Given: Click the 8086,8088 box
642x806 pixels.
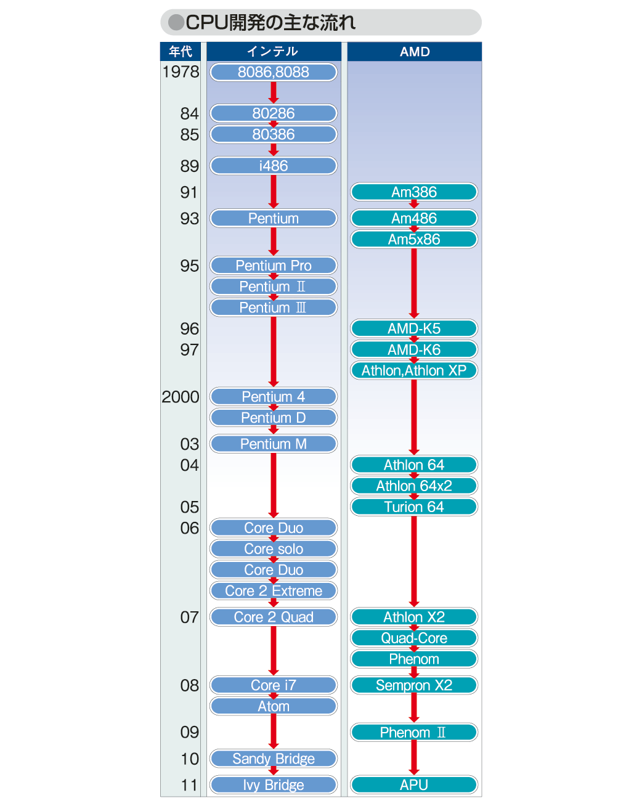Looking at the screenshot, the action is click(x=273, y=72).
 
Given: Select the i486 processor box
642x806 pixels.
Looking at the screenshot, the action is click(x=273, y=166).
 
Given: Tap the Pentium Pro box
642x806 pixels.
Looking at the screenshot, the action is click(x=273, y=266).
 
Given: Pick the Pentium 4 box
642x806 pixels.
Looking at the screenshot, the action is click(x=273, y=397).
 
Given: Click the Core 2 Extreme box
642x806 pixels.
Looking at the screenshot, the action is click(x=273, y=591).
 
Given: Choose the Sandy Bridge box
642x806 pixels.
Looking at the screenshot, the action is click(x=273, y=759).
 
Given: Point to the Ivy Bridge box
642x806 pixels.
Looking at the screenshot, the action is click(x=273, y=784).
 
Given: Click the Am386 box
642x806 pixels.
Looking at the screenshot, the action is click(x=414, y=192).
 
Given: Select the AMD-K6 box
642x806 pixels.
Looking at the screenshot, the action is click(x=414, y=350).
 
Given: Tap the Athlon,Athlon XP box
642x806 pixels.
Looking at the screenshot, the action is click(x=414, y=370).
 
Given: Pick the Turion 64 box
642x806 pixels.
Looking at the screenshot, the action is click(x=414, y=507).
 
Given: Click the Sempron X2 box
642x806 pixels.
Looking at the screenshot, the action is click(x=414, y=685).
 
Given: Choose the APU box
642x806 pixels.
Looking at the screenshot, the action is click(x=414, y=784).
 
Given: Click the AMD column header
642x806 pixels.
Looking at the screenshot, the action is click(x=414, y=51).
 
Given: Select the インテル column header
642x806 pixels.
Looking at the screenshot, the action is click(x=274, y=51).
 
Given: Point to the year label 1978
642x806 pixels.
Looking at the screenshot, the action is click(x=181, y=72).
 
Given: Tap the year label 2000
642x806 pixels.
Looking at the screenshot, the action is click(x=181, y=397).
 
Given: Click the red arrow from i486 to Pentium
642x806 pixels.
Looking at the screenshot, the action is click(x=274, y=192).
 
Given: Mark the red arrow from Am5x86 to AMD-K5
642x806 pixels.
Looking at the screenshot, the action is click(x=414, y=283).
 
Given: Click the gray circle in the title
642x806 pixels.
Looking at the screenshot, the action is click(x=176, y=22).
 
